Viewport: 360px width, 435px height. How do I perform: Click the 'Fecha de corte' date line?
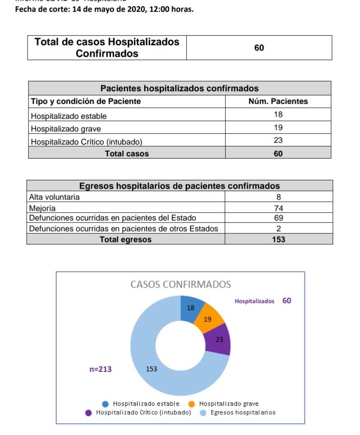(x=104, y=9)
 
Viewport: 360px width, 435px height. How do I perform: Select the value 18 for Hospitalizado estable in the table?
(x=278, y=115)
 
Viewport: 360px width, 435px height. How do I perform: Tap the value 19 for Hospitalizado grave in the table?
(x=278, y=128)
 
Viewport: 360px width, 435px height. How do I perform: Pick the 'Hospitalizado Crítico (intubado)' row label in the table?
(x=86, y=142)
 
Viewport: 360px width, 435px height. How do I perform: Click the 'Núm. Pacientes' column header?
(x=278, y=101)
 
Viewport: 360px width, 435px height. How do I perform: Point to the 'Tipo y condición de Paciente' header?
(x=86, y=101)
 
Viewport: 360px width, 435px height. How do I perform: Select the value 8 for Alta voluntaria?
(x=278, y=197)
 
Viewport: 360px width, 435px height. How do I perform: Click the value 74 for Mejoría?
(x=278, y=208)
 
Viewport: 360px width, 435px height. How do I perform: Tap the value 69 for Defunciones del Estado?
(x=278, y=218)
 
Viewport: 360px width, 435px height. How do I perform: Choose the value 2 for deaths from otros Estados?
(x=278, y=228)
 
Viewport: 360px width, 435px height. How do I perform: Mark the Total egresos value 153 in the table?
(x=278, y=240)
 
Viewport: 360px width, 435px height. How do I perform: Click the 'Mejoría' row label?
(x=42, y=208)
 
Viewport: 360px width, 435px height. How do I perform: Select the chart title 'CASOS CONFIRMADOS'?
(x=180, y=285)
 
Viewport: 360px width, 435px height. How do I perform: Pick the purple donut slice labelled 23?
(x=219, y=339)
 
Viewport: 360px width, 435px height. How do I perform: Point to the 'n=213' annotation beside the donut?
(x=100, y=370)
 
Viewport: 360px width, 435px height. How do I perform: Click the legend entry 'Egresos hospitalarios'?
(x=243, y=412)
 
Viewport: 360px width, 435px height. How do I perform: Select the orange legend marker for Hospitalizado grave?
(x=191, y=404)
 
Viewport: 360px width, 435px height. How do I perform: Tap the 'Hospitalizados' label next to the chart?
(x=254, y=301)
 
